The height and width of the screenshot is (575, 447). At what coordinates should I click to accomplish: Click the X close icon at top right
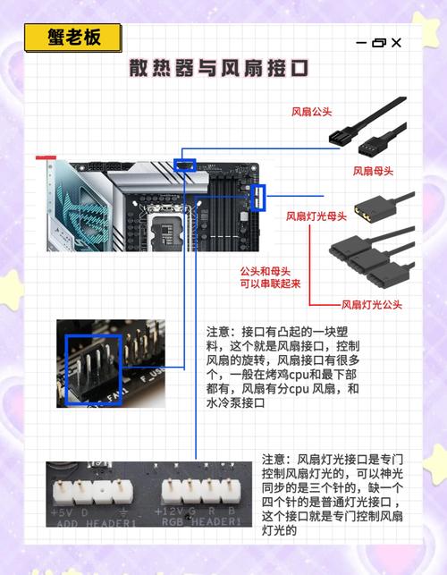[396, 42]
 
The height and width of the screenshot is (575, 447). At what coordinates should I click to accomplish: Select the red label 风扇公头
[312, 113]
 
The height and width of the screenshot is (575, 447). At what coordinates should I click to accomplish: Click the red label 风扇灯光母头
[316, 216]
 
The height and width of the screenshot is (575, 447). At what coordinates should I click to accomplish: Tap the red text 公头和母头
[269, 270]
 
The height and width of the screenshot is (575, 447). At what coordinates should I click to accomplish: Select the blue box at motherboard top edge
[185, 164]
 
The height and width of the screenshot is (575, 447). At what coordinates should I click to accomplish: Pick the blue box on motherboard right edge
[259, 198]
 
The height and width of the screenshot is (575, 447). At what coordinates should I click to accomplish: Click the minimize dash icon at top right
[361, 42]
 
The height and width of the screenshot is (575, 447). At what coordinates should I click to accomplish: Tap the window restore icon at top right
[378, 42]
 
